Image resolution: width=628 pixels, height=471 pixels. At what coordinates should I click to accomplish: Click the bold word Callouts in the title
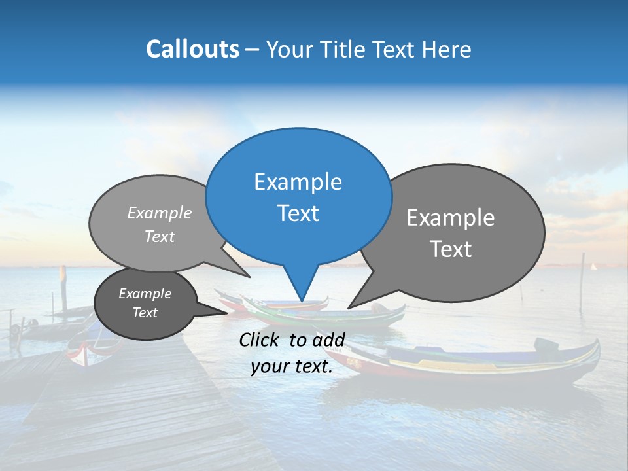192,49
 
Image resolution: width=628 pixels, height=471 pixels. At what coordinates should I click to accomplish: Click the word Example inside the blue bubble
298,182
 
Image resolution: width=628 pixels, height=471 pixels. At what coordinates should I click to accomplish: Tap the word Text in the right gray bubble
451,249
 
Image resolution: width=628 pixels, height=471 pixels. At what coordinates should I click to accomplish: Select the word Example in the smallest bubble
145,294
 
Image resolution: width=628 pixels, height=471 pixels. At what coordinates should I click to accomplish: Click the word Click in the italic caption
260,340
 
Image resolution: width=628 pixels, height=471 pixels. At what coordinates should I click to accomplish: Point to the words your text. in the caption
292,367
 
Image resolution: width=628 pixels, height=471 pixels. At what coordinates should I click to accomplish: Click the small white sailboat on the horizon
594,267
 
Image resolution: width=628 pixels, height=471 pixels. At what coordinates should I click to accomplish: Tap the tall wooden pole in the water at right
582,281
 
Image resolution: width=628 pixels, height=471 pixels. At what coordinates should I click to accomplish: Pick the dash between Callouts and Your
253,49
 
